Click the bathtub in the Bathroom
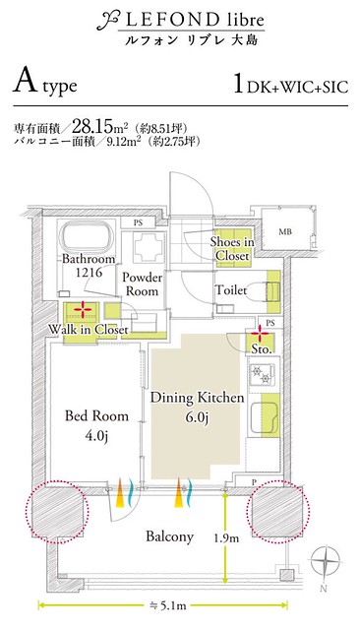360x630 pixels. (x=88, y=237)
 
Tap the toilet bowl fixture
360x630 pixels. (x=257, y=291)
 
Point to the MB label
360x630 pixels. (x=285, y=231)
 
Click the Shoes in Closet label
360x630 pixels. (x=232, y=249)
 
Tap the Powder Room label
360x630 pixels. (x=142, y=283)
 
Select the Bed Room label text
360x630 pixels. (x=96, y=415)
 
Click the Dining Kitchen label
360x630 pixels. (x=197, y=398)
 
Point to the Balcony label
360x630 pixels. (x=169, y=536)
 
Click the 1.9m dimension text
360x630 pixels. (x=226, y=537)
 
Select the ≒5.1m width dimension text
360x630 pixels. (x=163, y=604)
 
